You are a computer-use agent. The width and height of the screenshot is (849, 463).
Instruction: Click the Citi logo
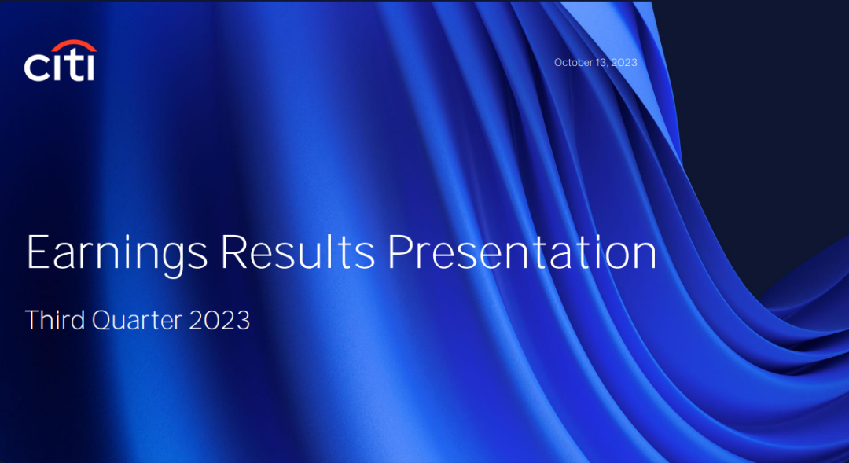click(x=60, y=60)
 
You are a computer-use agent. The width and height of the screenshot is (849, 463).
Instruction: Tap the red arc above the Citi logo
click(x=75, y=44)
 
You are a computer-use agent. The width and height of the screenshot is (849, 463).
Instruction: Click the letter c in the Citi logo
click(x=35, y=68)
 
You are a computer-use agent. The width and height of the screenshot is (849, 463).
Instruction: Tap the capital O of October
click(x=558, y=63)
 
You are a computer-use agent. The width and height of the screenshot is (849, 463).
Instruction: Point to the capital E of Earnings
click(x=38, y=252)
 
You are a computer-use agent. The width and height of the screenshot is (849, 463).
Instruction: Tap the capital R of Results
click(x=234, y=252)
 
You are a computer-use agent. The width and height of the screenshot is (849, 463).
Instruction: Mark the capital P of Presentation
click(x=401, y=252)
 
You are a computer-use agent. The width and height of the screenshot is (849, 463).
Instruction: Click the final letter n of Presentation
click(x=645, y=257)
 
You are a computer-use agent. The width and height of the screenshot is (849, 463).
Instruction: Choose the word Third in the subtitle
click(x=55, y=319)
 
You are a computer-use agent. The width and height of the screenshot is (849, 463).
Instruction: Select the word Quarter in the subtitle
click(x=137, y=321)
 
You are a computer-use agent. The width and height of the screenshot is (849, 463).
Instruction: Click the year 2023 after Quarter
click(x=219, y=320)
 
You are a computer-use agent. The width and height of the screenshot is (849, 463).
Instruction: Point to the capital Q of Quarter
click(x=102, y=321)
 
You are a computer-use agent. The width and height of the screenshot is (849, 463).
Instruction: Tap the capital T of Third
click(x=32, y=320)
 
